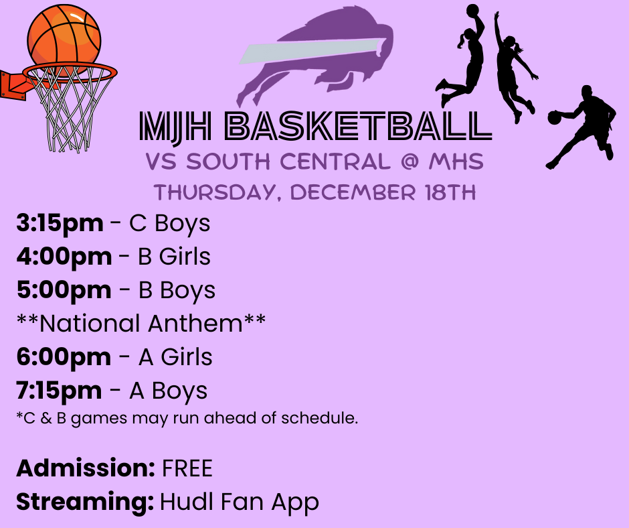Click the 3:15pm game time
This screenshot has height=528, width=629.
coord(60,224)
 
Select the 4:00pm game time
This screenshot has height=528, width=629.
coord(64,257)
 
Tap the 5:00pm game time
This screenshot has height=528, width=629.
coord(64,290)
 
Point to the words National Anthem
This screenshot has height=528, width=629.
coord(141,324)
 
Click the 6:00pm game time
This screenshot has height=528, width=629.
coord(64,357)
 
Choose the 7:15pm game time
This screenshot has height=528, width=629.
coord(60,391)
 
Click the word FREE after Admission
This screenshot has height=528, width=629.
coord(187,468)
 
